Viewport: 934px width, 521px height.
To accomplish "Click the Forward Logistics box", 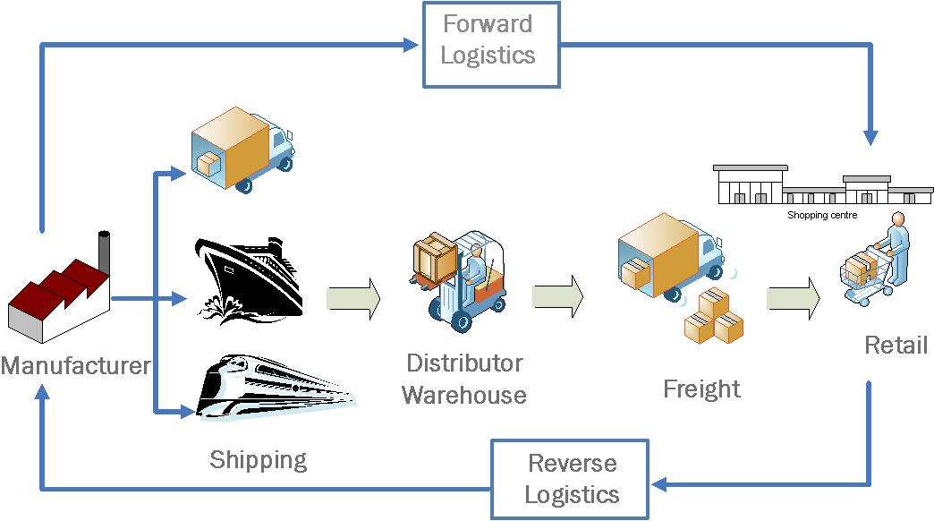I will coord(491,44).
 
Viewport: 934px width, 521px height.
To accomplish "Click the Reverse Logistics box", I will coord(571,479).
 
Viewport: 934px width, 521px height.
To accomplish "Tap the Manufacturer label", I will coord(75,366).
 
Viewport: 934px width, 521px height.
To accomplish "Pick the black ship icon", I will coord(248,278).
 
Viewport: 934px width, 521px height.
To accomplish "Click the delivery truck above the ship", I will coord(242,148).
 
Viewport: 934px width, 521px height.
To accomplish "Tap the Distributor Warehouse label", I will coord(463,379).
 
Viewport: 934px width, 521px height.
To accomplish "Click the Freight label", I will coord(701,389).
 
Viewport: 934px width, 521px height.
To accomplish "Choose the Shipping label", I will coord(258,460).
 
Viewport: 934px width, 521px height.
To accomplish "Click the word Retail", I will coord(896,345).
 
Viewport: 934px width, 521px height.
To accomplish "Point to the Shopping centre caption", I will coord(821,215).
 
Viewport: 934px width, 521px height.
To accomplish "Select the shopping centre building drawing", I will coord(821,185).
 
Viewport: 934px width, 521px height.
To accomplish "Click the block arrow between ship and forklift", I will coord(353,297).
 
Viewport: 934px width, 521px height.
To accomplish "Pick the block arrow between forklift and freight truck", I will coord(557,295).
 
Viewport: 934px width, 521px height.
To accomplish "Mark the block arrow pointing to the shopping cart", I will coord(793,297).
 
